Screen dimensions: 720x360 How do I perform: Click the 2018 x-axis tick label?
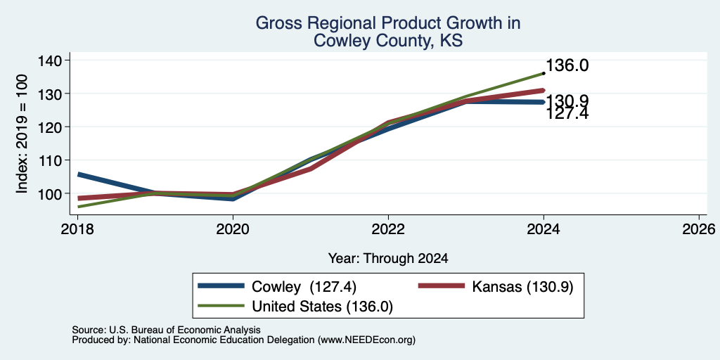pos(77,229)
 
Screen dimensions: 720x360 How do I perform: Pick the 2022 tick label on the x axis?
pos(388,229)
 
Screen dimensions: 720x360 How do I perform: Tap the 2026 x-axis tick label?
pos(699,229)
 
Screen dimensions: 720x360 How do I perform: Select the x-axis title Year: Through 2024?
pos(388,259)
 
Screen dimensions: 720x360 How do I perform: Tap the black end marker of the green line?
pos(544,73)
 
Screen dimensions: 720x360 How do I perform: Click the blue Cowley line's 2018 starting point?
pos(79,174)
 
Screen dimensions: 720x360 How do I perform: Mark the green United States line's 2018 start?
pos(79,207)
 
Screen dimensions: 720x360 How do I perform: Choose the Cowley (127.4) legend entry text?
pos(304,287)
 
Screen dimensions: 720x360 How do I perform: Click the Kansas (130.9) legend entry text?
pos(522,287)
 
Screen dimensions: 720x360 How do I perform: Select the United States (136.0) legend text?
pos(322,307)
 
